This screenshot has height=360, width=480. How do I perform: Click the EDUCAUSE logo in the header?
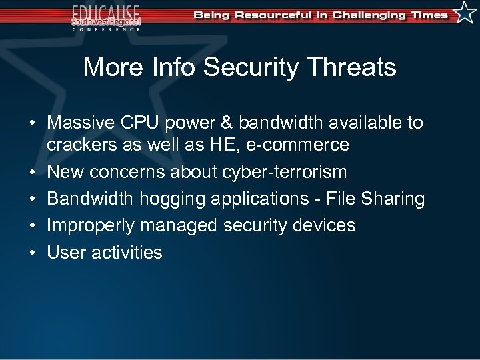[x=106, y=17]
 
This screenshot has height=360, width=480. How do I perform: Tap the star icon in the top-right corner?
[x=465, y=13]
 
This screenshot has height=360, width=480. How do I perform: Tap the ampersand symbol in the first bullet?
[x=227, y=123]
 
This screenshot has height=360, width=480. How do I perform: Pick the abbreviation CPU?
[x=143, y=123]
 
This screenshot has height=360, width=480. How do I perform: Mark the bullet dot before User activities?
[x=31, y=253]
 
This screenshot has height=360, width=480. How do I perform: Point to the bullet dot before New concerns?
[x=31, y=173]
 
